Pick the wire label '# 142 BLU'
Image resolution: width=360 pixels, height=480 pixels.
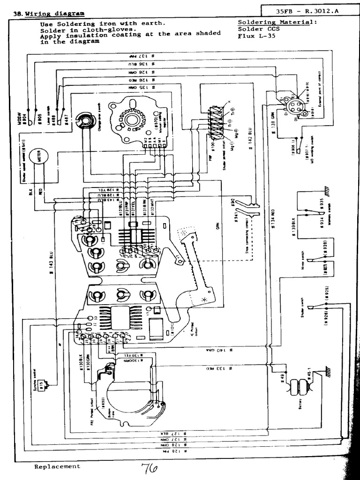coord(250,140)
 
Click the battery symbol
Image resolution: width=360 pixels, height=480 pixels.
coord(297,389)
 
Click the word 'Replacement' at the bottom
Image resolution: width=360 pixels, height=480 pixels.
coord(57,466)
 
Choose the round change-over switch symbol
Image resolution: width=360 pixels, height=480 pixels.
coord(85,121)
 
